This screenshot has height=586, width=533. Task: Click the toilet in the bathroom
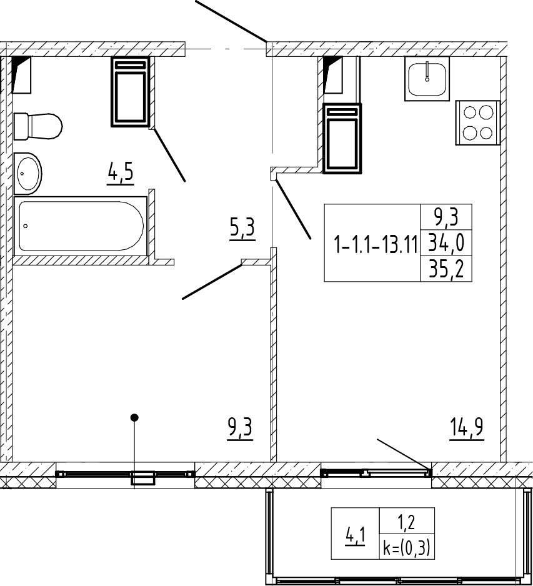(x=37, y=126)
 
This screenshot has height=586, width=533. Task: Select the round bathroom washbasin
(x=27, y=174)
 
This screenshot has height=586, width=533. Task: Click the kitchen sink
(x=427, y=79)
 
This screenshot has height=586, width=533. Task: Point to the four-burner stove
(x=477, y=122)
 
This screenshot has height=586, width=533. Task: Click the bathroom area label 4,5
(x=121, y=173)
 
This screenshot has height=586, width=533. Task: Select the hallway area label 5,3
(x=242, y=229)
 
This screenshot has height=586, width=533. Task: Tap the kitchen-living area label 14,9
(x=467, y=429)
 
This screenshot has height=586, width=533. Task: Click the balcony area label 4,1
(x=355, y=536)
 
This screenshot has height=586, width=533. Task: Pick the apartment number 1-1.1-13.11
(x=376, y=245)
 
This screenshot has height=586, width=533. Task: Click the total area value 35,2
(x=446, y=269)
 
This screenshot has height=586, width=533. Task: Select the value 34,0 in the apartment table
(x=446, y=243)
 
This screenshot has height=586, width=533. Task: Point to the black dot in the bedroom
(x=134, y=417)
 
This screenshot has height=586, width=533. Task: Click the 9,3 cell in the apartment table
(x=446, y=217)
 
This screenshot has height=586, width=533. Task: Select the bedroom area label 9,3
(x=240, y=429)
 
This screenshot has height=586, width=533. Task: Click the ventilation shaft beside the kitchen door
(x=342, y=139)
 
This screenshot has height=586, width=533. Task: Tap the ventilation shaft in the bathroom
(x=130, y=92)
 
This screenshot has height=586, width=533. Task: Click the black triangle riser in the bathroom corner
(x=21, y=74)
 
